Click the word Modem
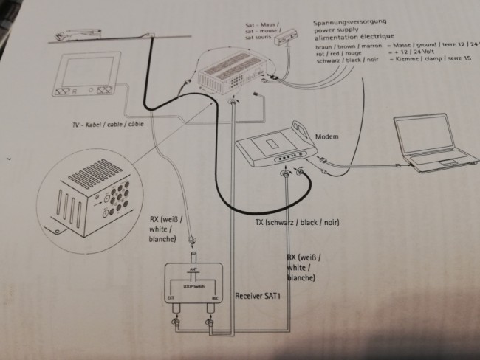click(326, 137)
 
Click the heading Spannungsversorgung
click(351, 23)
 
